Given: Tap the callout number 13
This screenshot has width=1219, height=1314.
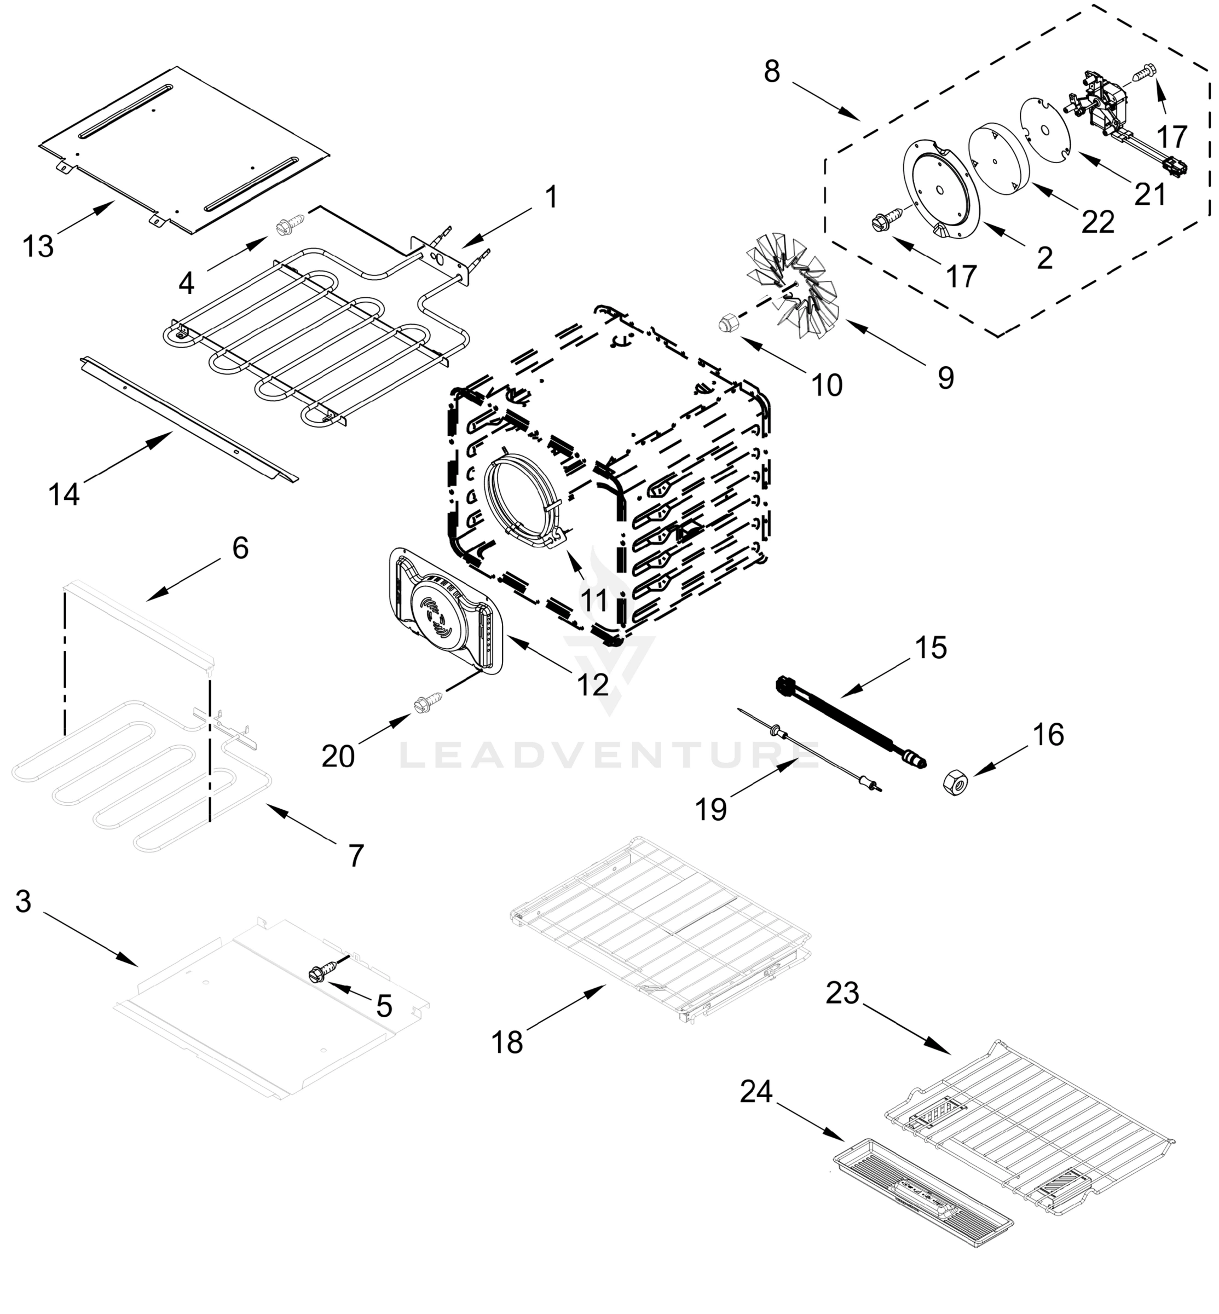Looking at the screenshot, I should click(38, 247).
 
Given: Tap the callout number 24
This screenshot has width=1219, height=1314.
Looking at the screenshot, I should click(755, 1092).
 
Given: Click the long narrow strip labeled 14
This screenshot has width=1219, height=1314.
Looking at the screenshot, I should click(188, 418).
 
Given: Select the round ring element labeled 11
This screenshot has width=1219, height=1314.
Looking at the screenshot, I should click(521, 502).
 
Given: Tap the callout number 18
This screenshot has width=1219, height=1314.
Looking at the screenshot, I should click(507, 1042).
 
